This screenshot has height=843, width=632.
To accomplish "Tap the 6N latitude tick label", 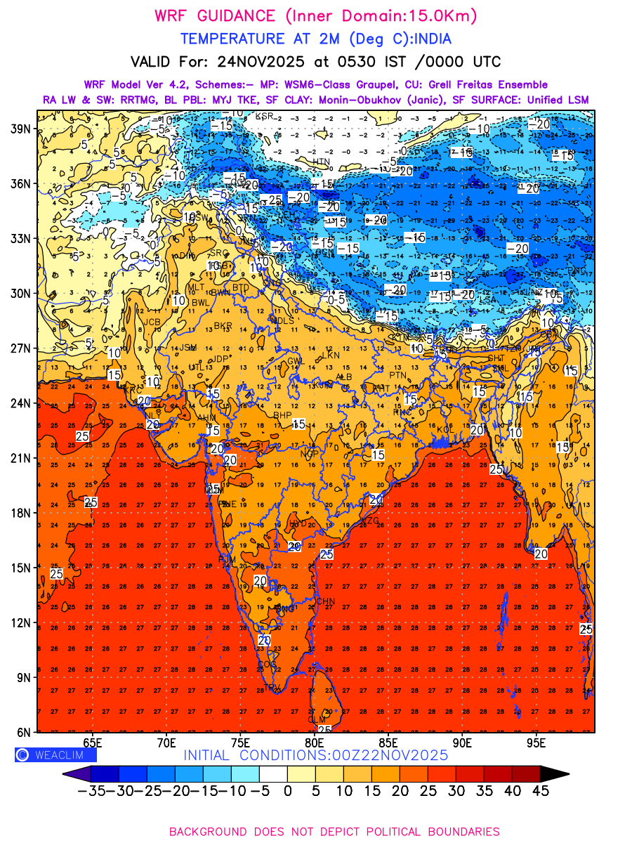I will pyautogui.click(x=24, y=732).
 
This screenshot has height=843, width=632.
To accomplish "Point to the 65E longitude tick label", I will pyautogui.click(x=92, y=743).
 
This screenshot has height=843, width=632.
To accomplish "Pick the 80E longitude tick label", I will pyautogui.click(x=314, y=743).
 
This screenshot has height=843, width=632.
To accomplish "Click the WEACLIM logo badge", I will pyautogui.click(x=55, y=755).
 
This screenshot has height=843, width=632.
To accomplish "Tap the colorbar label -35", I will pyautogui.click(x=91, y=790).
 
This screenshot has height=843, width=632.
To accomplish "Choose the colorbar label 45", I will pyautogui.click(x=540, y=790).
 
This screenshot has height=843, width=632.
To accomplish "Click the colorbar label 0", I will pyautogui.click(x=287, y=790).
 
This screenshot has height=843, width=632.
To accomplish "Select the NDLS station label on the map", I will pyautogui.click(x=282, y=320).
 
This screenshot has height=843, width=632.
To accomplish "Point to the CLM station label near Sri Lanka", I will pyautogui.click(x=317, y=719).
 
